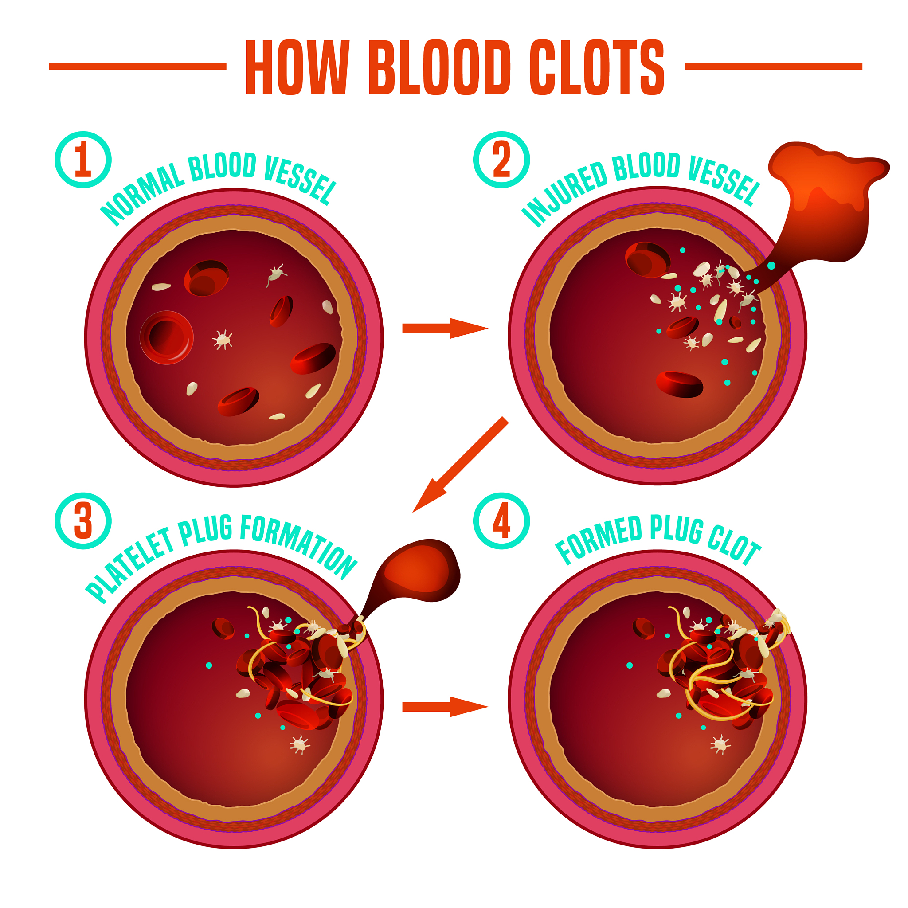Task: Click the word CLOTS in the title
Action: click(596, 67)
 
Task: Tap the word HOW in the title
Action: click(297, 67)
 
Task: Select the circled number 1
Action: click(83, 160)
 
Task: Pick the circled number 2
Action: click(501, 160)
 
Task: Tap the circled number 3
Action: click(83, 521)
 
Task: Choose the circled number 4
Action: click(501, 521)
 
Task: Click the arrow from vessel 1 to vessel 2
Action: click(444, 328)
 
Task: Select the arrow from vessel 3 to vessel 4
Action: click(444, 706)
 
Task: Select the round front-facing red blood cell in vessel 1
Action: click(166, 337)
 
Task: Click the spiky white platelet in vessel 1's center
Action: click(223, 339)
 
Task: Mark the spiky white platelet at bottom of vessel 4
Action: click(720, 745)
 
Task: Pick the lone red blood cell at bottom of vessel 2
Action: click(680, 384)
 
